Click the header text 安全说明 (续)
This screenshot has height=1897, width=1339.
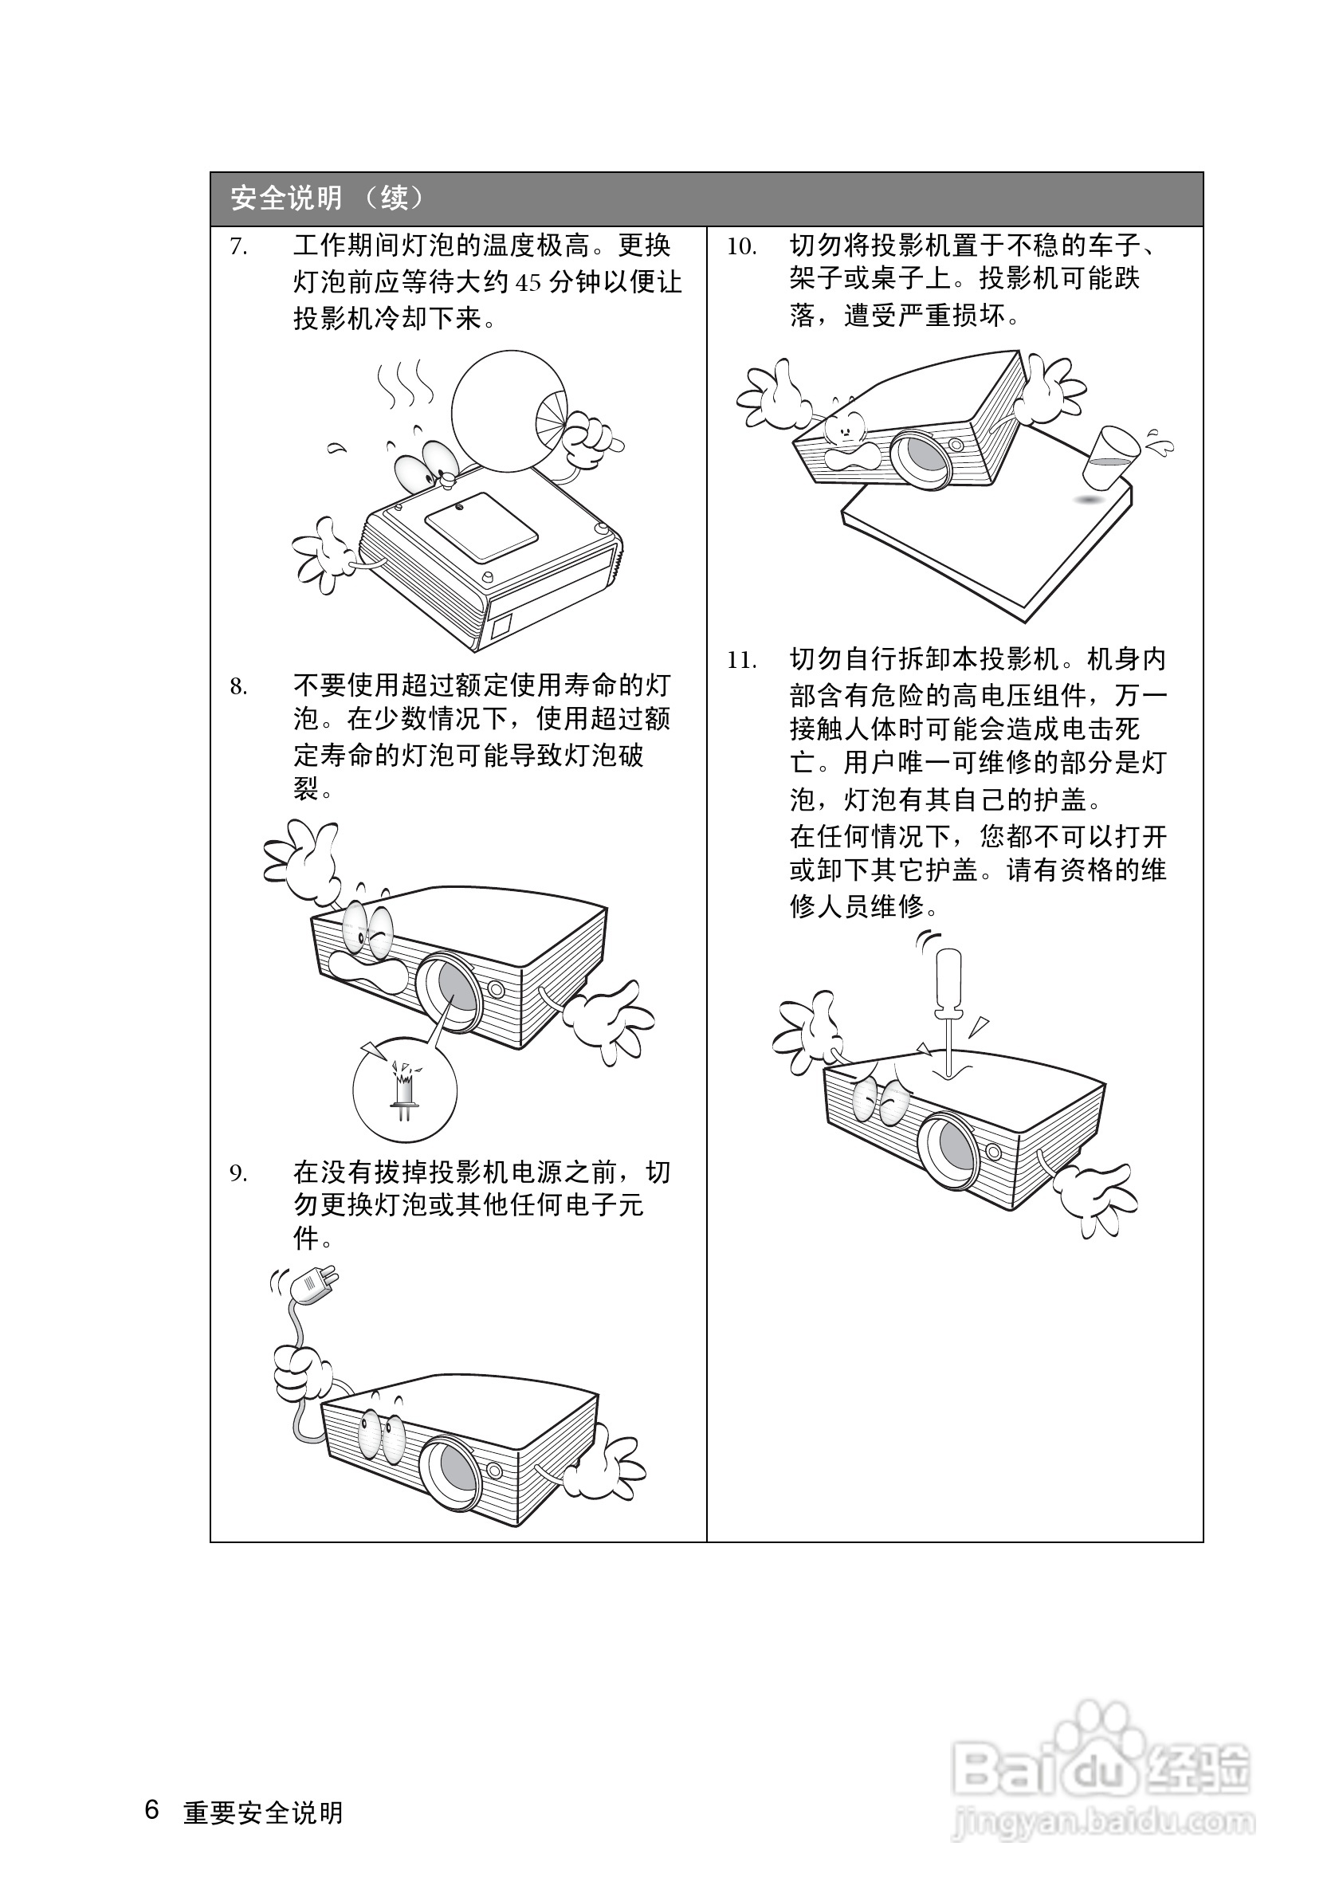point(327,198)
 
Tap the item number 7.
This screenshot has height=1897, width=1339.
point(238,246)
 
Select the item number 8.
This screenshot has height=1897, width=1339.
point(238,686)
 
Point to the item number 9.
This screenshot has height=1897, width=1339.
point(238,1173)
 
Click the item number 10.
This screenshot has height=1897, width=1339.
point(742,246)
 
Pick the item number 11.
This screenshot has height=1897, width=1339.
point(742,660)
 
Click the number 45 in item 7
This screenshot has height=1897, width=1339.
point(528,284)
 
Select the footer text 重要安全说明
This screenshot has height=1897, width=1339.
point(263,1813)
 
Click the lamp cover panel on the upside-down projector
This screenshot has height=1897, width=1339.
point(481,528)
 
